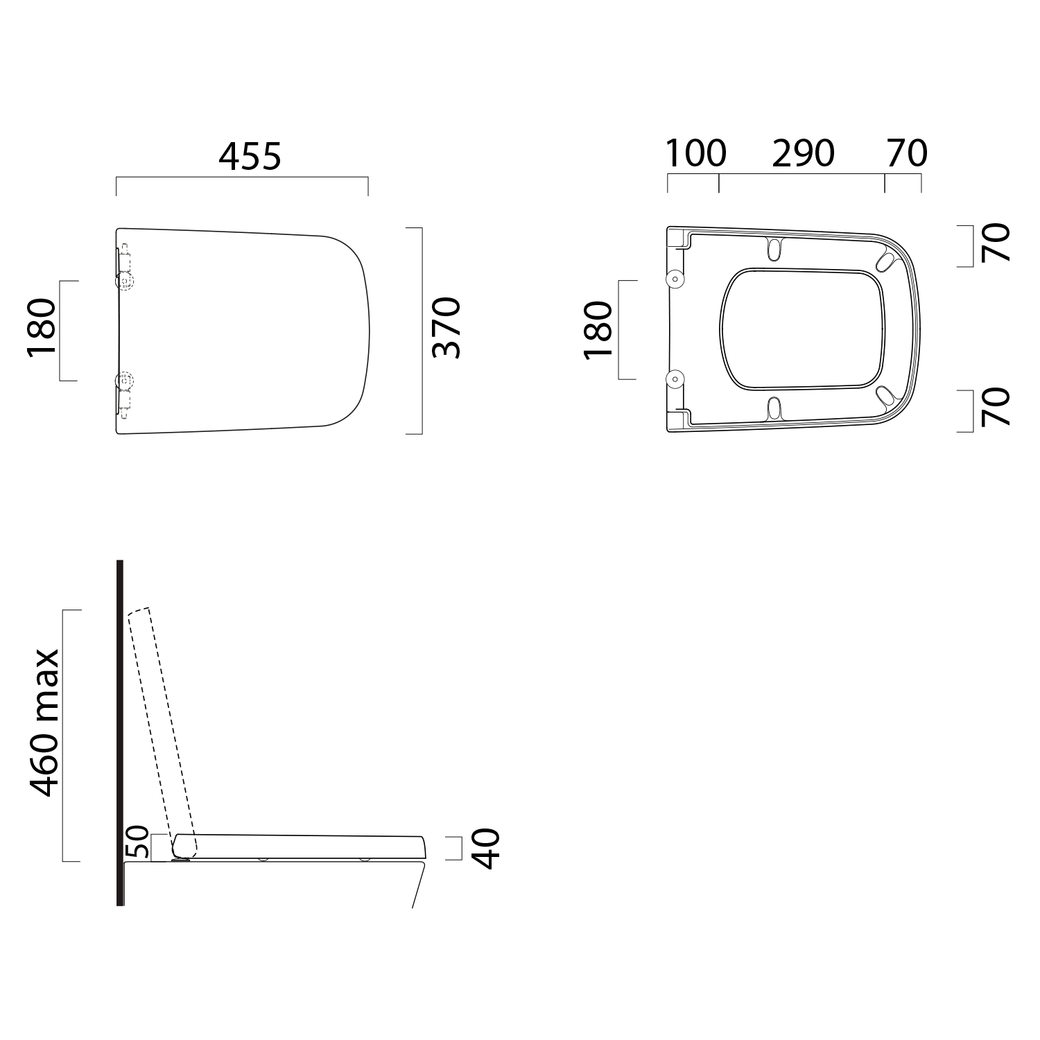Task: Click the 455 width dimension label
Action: tap(250, 157)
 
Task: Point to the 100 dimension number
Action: tap(696, 153)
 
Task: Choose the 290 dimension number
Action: tap(803, 153)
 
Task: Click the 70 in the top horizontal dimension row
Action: tap(907, 153)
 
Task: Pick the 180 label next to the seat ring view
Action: tap(599, 330)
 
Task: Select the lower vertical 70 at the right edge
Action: tap(996, 406)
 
